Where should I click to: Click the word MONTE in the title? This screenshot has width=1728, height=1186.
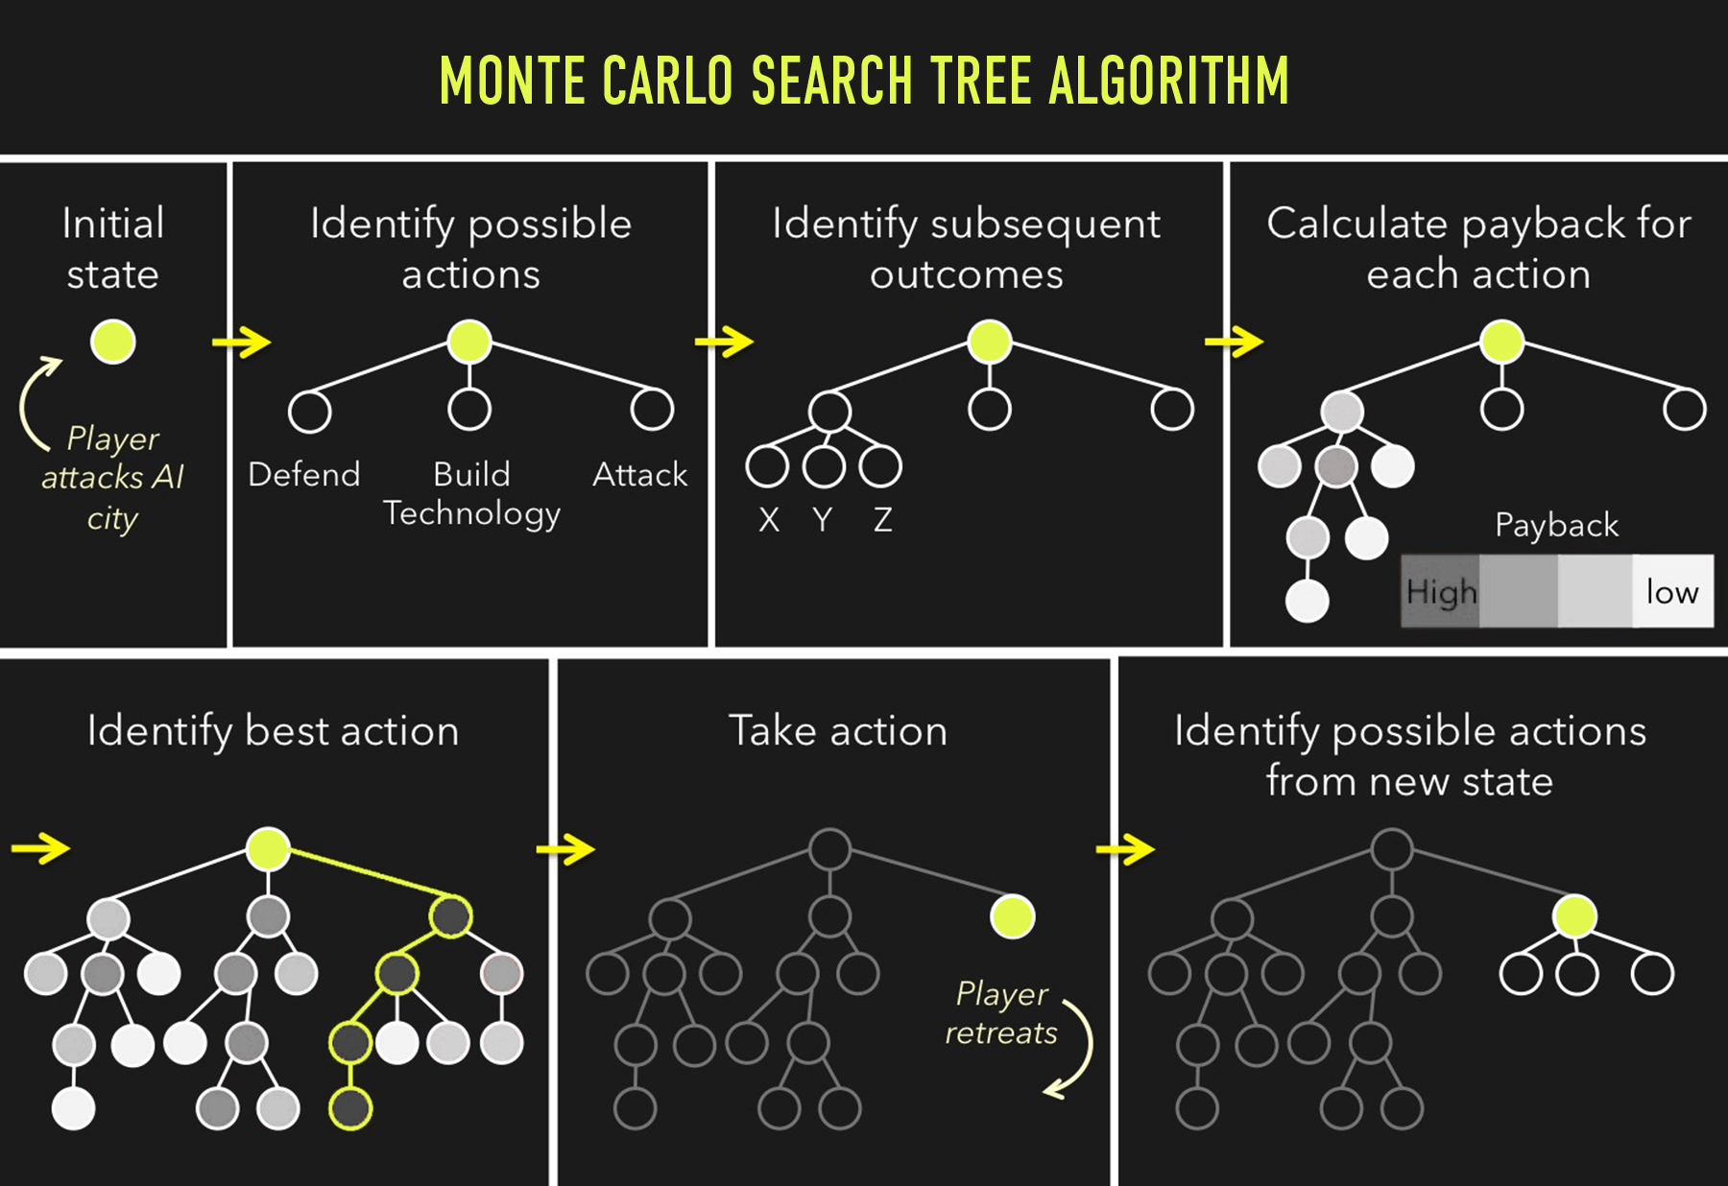(512, 80)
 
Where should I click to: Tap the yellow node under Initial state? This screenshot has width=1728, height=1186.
(113, 342)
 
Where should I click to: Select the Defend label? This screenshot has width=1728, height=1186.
(304, 474)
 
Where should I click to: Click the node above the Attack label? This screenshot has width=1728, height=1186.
(652, 410)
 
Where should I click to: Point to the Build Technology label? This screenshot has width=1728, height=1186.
(471, 493)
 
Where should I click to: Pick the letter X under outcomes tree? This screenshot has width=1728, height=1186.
(769, 520)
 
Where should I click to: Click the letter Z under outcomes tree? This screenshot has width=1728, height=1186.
(883, 520)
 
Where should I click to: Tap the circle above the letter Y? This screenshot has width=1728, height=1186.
(824, 467)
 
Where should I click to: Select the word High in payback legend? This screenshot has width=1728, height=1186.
(1441, 592)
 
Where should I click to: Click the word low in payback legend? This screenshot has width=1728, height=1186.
(1672, 591)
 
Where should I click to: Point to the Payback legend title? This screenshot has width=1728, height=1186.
(1556, 526)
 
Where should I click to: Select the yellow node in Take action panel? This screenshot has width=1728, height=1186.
(1012, 916)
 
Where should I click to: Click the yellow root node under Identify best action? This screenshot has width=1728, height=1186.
(268, 849)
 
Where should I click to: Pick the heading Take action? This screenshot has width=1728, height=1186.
(838, 731)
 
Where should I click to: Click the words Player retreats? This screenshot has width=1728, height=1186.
(1001, 1013)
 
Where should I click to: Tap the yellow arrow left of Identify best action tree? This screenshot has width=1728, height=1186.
(40, 848)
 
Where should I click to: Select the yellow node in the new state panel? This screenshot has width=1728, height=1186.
(1574, 916)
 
